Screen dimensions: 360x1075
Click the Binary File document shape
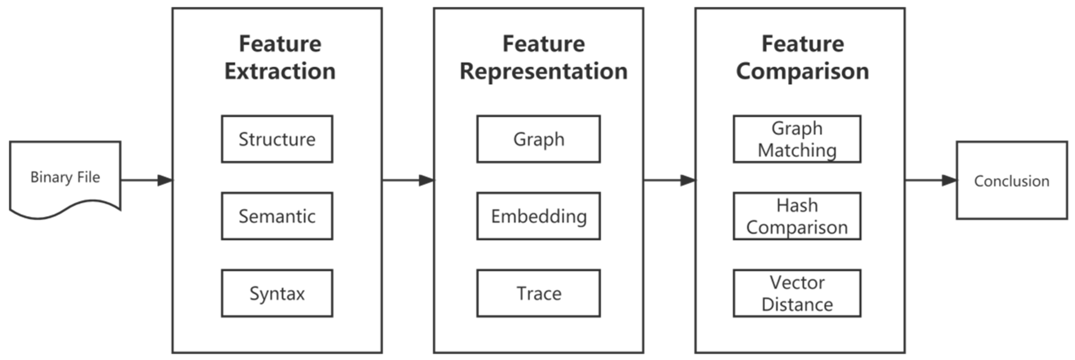click(x=65, y=177)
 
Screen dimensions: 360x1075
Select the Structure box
click(x=277, y=139)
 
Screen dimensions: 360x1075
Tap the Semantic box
click(x=277, y=216)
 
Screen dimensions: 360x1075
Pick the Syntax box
click(x=277, y=293)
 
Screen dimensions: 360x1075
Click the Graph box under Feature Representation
click(x=538, y=139)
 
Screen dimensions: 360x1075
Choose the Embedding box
click(x=538, y=216)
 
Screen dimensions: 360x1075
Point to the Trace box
click(x=538, y=293)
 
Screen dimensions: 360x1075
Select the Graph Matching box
click(x=797, y=139)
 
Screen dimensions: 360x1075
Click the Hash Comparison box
click(x=797, y=216)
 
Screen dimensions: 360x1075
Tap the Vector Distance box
click(x=797, y=293)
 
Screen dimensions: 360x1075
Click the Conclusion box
click(x=1011, y=180)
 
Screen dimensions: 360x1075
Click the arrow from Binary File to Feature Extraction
click(x=146, y=180)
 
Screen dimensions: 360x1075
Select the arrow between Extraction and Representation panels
click(x=408, y=180)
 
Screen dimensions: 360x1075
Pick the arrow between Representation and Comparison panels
click(x=669, y=180)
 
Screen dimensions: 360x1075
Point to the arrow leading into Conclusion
click(x=931, y=180)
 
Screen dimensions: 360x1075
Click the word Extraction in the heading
click(x=280, y=71)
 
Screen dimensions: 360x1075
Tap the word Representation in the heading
click(x=543, y=71)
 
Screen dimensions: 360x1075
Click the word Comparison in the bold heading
click(x=802, y=71)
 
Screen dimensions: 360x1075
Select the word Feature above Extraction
click(x=280, y=44)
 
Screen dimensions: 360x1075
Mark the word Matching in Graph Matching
click(x=797, y=150)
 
